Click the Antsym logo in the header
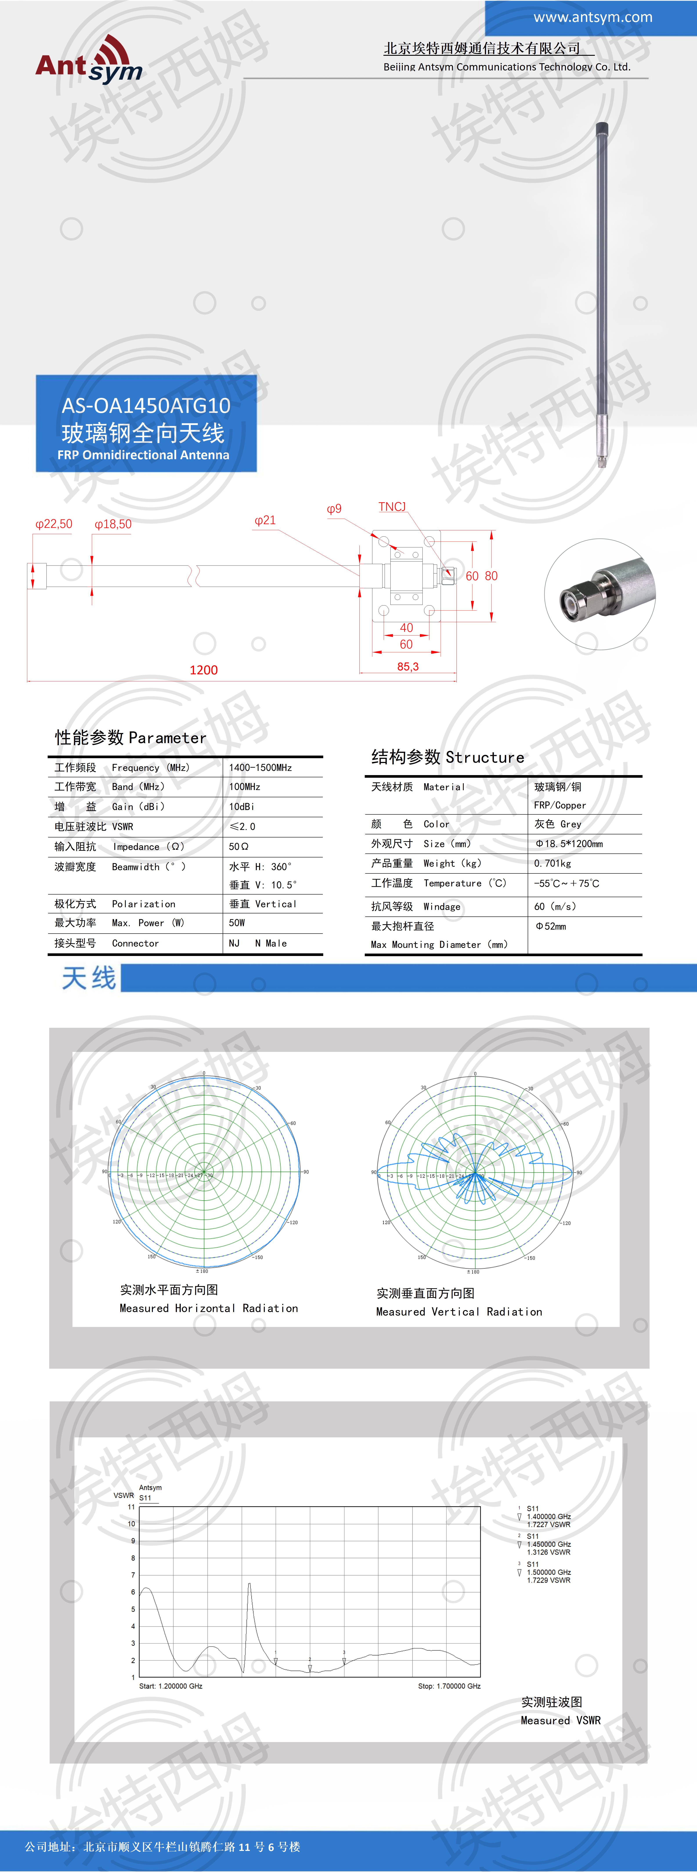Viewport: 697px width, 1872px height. (89, 59)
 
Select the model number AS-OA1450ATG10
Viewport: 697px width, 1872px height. (145, 405)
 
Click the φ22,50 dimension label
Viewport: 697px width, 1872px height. (54, 524)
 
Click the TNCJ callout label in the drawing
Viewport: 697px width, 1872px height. (392, 506)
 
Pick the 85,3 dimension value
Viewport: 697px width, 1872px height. (408, 666)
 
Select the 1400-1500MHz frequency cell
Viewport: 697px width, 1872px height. (260, 767)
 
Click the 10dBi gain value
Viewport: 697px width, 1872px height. (241, 807)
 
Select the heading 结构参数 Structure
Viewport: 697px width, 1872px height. (448, 757)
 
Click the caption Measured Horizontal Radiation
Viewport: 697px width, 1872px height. (209, 1308)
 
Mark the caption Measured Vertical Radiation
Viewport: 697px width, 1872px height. (459, 1312)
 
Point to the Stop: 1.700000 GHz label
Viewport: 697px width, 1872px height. (449, 1686)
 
